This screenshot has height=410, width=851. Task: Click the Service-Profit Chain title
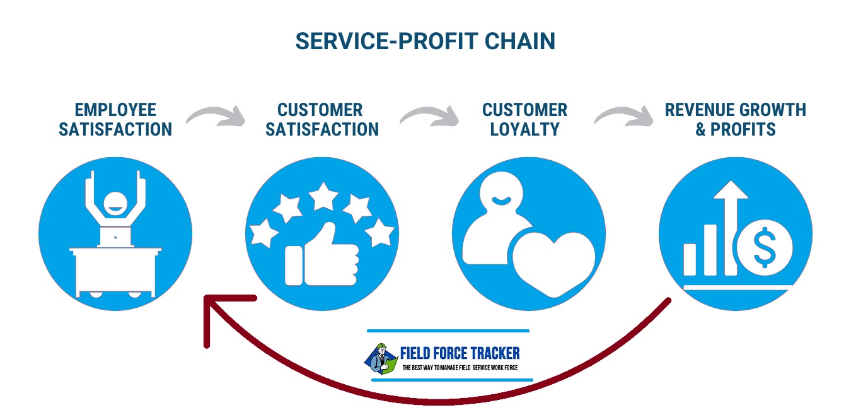point(425,41)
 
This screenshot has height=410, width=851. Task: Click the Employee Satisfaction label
point(115,120)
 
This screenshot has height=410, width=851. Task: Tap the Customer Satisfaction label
point(321,120)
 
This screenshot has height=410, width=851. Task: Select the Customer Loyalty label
point(524,120)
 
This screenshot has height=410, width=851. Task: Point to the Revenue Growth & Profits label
point(735,120)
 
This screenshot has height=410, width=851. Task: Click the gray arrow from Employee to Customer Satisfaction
point(216,117)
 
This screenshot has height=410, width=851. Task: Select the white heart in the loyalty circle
point(553,262)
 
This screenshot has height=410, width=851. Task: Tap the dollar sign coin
point(765,251)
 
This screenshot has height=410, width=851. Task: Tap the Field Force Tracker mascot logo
point(380,358)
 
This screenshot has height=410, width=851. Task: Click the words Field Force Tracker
point(460,353)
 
